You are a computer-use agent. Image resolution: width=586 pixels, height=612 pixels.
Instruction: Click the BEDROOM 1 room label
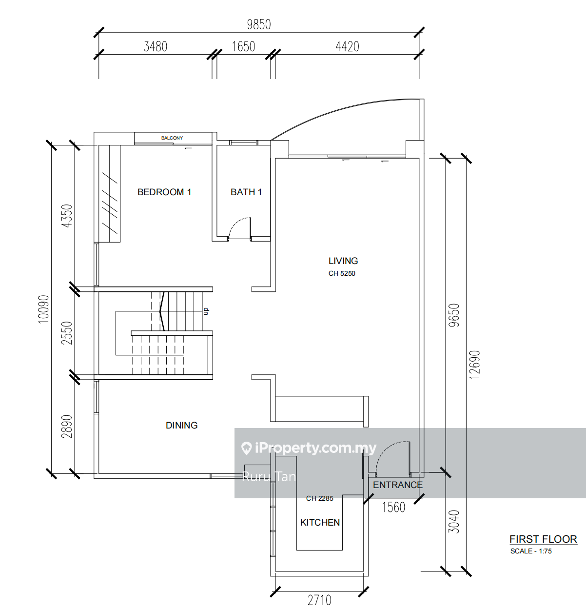pos(164,192)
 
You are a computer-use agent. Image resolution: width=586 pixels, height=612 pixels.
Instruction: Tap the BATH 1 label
pos(246,192)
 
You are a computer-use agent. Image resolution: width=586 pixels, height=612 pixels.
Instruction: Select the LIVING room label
pos(343,261)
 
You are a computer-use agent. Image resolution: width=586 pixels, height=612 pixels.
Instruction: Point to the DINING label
pos(182,425)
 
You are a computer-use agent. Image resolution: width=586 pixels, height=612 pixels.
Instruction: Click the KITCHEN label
pos(320,522)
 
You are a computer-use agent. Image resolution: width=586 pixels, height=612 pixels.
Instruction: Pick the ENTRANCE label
pos(398,485)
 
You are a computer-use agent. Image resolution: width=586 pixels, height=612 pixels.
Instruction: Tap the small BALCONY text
pos(172,138)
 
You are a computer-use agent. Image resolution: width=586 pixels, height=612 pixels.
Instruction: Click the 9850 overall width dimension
pos(258,24)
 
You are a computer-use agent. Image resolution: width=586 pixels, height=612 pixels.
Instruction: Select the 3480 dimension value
pos(155,46)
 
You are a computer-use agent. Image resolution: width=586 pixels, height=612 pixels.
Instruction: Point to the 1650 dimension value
pos(243,46)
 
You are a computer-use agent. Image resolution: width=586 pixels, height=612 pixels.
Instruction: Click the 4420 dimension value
pos(347,46)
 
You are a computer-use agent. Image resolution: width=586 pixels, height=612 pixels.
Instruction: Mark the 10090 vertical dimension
pos(44,309)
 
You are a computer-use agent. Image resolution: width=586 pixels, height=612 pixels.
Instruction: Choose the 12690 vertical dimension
pos(474,365)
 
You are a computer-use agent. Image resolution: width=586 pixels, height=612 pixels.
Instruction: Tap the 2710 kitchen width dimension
pos(319,600)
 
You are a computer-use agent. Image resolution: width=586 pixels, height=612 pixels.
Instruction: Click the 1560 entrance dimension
pos(393,507)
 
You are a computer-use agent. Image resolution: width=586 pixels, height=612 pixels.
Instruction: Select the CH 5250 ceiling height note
pos(342,274)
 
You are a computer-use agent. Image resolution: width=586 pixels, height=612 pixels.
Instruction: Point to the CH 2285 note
pos(319,498)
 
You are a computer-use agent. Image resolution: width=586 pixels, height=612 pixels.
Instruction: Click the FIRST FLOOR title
pos(543,539)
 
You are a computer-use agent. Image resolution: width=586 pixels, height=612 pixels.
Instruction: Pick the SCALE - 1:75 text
pos(531,551)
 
